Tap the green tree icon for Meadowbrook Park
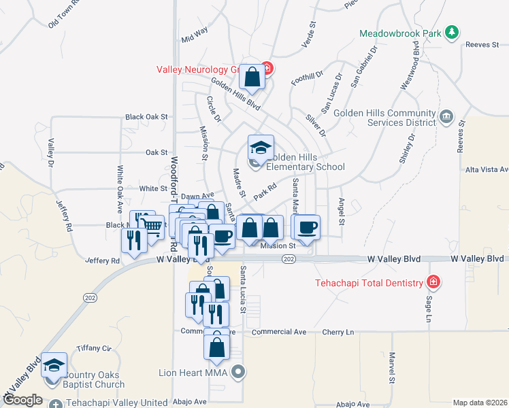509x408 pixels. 450,32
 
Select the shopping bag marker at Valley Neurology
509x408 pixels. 252,78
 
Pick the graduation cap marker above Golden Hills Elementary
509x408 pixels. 260,148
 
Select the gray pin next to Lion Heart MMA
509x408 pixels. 237,371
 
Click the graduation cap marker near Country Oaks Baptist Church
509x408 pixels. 54,365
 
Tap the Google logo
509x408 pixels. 22,401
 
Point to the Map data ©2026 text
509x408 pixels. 480,403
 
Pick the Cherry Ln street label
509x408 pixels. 340,333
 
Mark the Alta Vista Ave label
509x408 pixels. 487,169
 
